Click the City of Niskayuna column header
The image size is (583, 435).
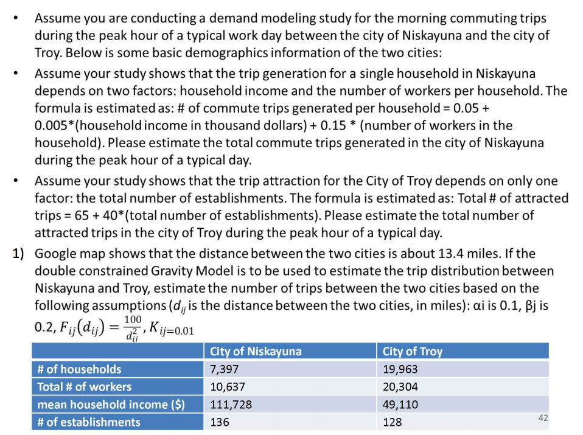click(x=256, y=351)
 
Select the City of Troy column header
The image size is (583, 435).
click(x=413, y=351)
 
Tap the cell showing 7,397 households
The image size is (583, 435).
click(x=224, y=369)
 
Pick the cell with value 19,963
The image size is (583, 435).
click(x=400, y=369)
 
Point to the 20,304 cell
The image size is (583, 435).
click(x=400, y=387)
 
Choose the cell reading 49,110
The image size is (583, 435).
click(x=400, y=405)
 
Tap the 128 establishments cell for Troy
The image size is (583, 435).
click(x=393, y=422)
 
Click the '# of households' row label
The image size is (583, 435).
click(x=79, y=369)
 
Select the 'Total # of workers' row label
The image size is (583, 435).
click(x=84, y=387)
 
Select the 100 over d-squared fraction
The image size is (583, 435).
click(x=132, y=326)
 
